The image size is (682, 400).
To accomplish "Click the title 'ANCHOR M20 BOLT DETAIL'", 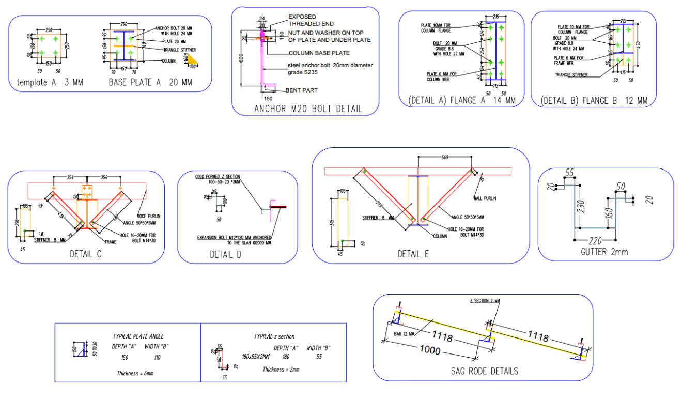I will pos(308,109).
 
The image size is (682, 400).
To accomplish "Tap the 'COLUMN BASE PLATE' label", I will pos(319,53).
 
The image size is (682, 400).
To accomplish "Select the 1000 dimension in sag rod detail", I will pos(429,351).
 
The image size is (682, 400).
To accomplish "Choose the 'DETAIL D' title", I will pos(225,254).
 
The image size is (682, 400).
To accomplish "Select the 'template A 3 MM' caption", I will pos(50,82).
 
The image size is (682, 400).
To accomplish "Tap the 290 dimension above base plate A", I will pos(124,24).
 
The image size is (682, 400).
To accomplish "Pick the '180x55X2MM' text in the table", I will pos(256,357).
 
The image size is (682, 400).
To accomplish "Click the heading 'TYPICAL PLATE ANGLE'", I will pos(138,336).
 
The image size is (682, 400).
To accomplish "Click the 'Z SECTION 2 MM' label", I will pos(485,300).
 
